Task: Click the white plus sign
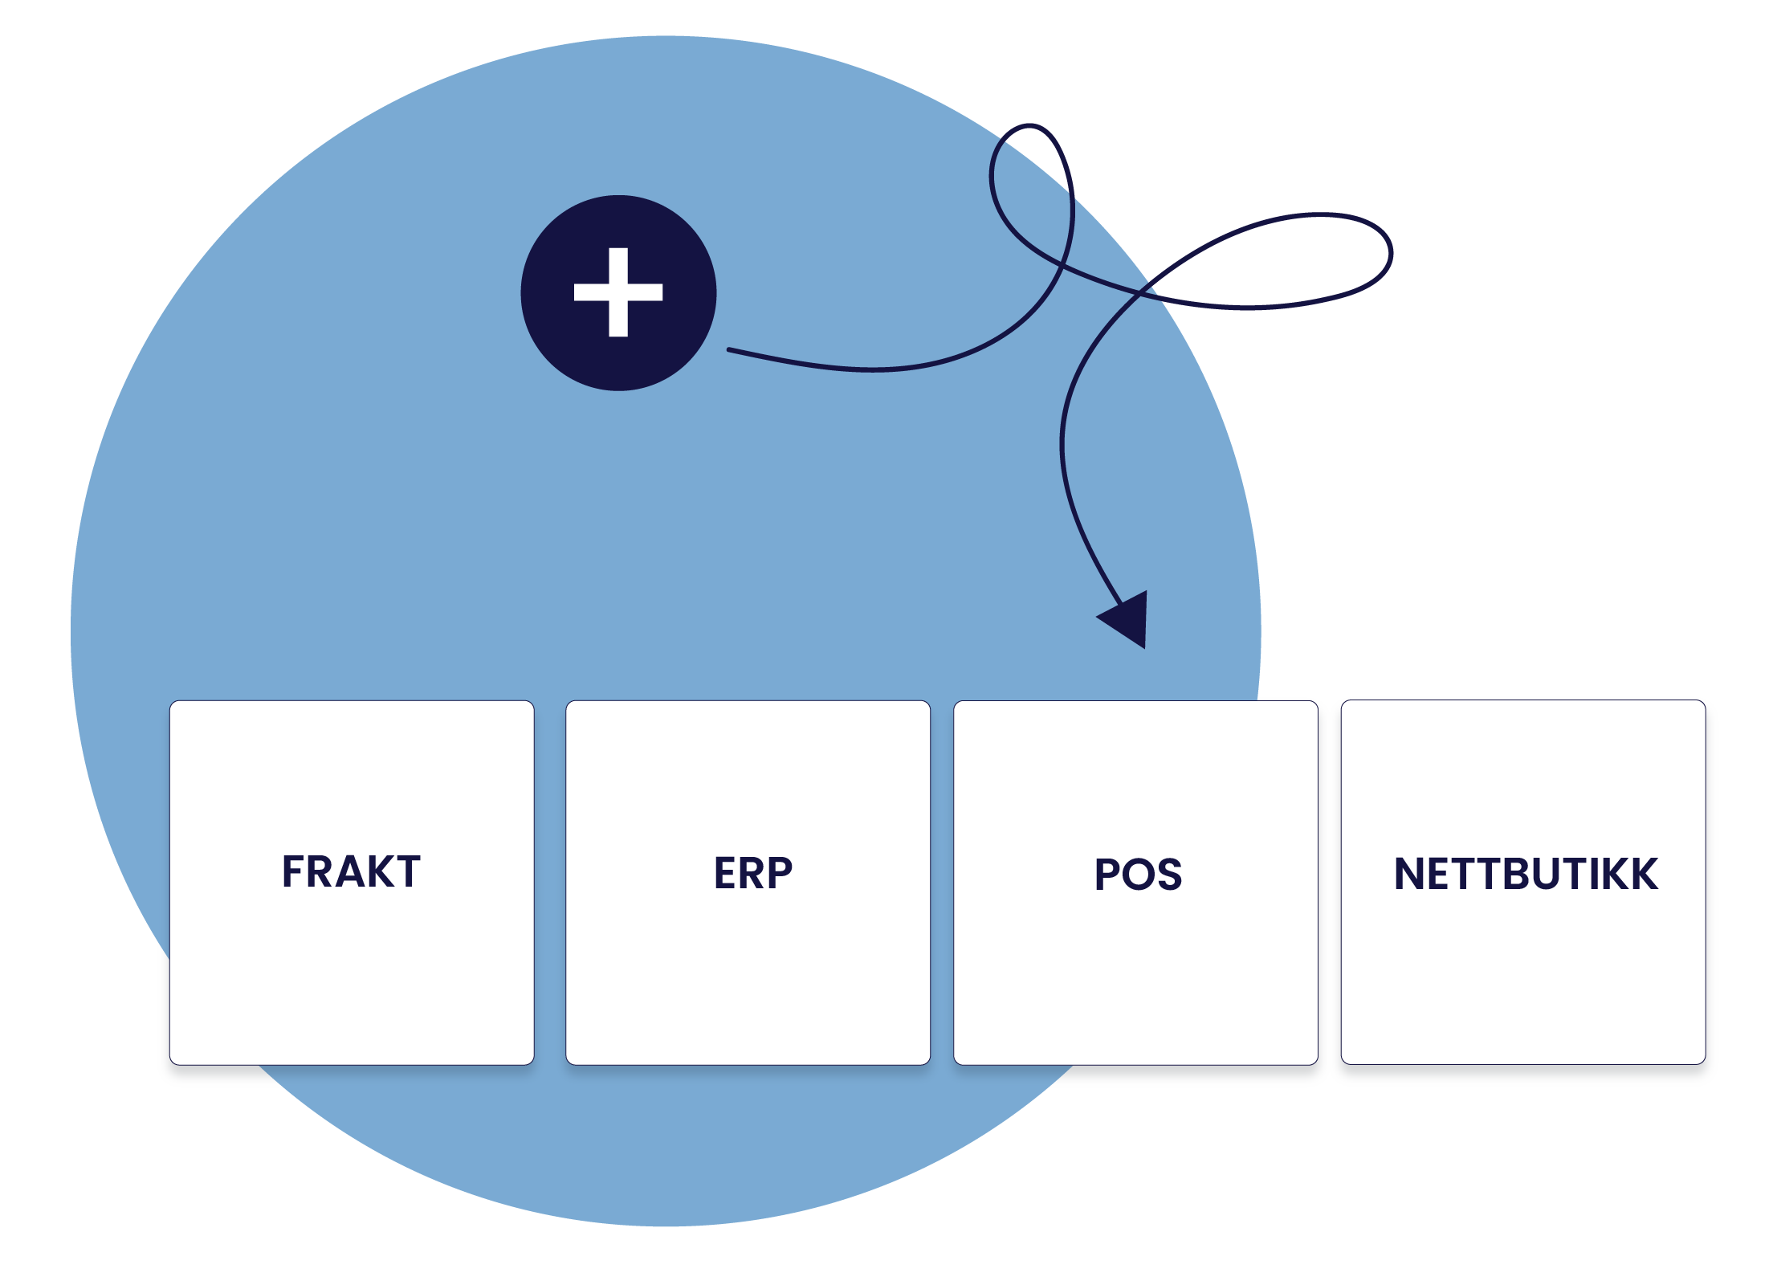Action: (x=617, y=292)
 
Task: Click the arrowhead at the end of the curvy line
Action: (x=1128, y=619)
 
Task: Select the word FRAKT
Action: (x=351, y=871)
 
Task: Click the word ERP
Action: (x=752, y=873)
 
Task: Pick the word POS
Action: (x=1138, y=874)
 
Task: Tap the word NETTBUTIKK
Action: (x=1526, y=874)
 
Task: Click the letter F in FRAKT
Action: (x=293, y=871)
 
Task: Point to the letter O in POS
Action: (x=1139, y=875)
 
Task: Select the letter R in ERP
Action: (x=754, y=873)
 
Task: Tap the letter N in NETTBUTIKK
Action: (x=1410, y=874)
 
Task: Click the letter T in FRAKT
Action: (x=406, y=871)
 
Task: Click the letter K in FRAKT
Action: (x=377, y=871)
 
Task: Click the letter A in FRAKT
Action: (x=348, y=871)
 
